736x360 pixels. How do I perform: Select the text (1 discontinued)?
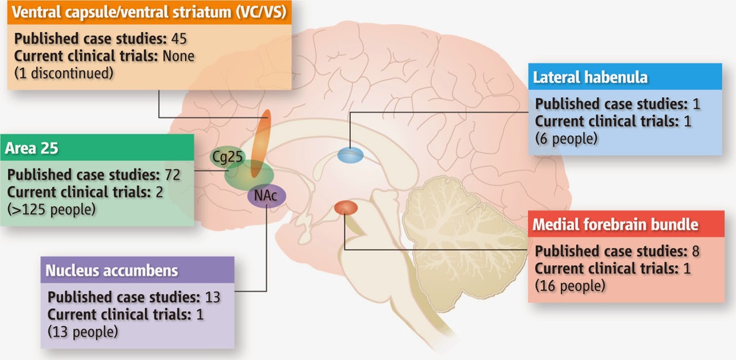point(60,73)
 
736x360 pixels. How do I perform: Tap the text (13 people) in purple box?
point(83,331)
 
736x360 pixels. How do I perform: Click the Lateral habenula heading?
point(590,78)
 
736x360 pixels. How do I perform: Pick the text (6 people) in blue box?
point(566,139)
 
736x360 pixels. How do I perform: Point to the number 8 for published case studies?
point(695,251)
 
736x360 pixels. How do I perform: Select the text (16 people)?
point(570,286)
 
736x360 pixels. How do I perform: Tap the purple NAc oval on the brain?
point(266,196)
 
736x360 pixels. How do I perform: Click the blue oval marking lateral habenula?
point(350,155)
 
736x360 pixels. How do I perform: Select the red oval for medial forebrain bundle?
point(346,208)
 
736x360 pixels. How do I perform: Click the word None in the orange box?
point(178,56)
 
